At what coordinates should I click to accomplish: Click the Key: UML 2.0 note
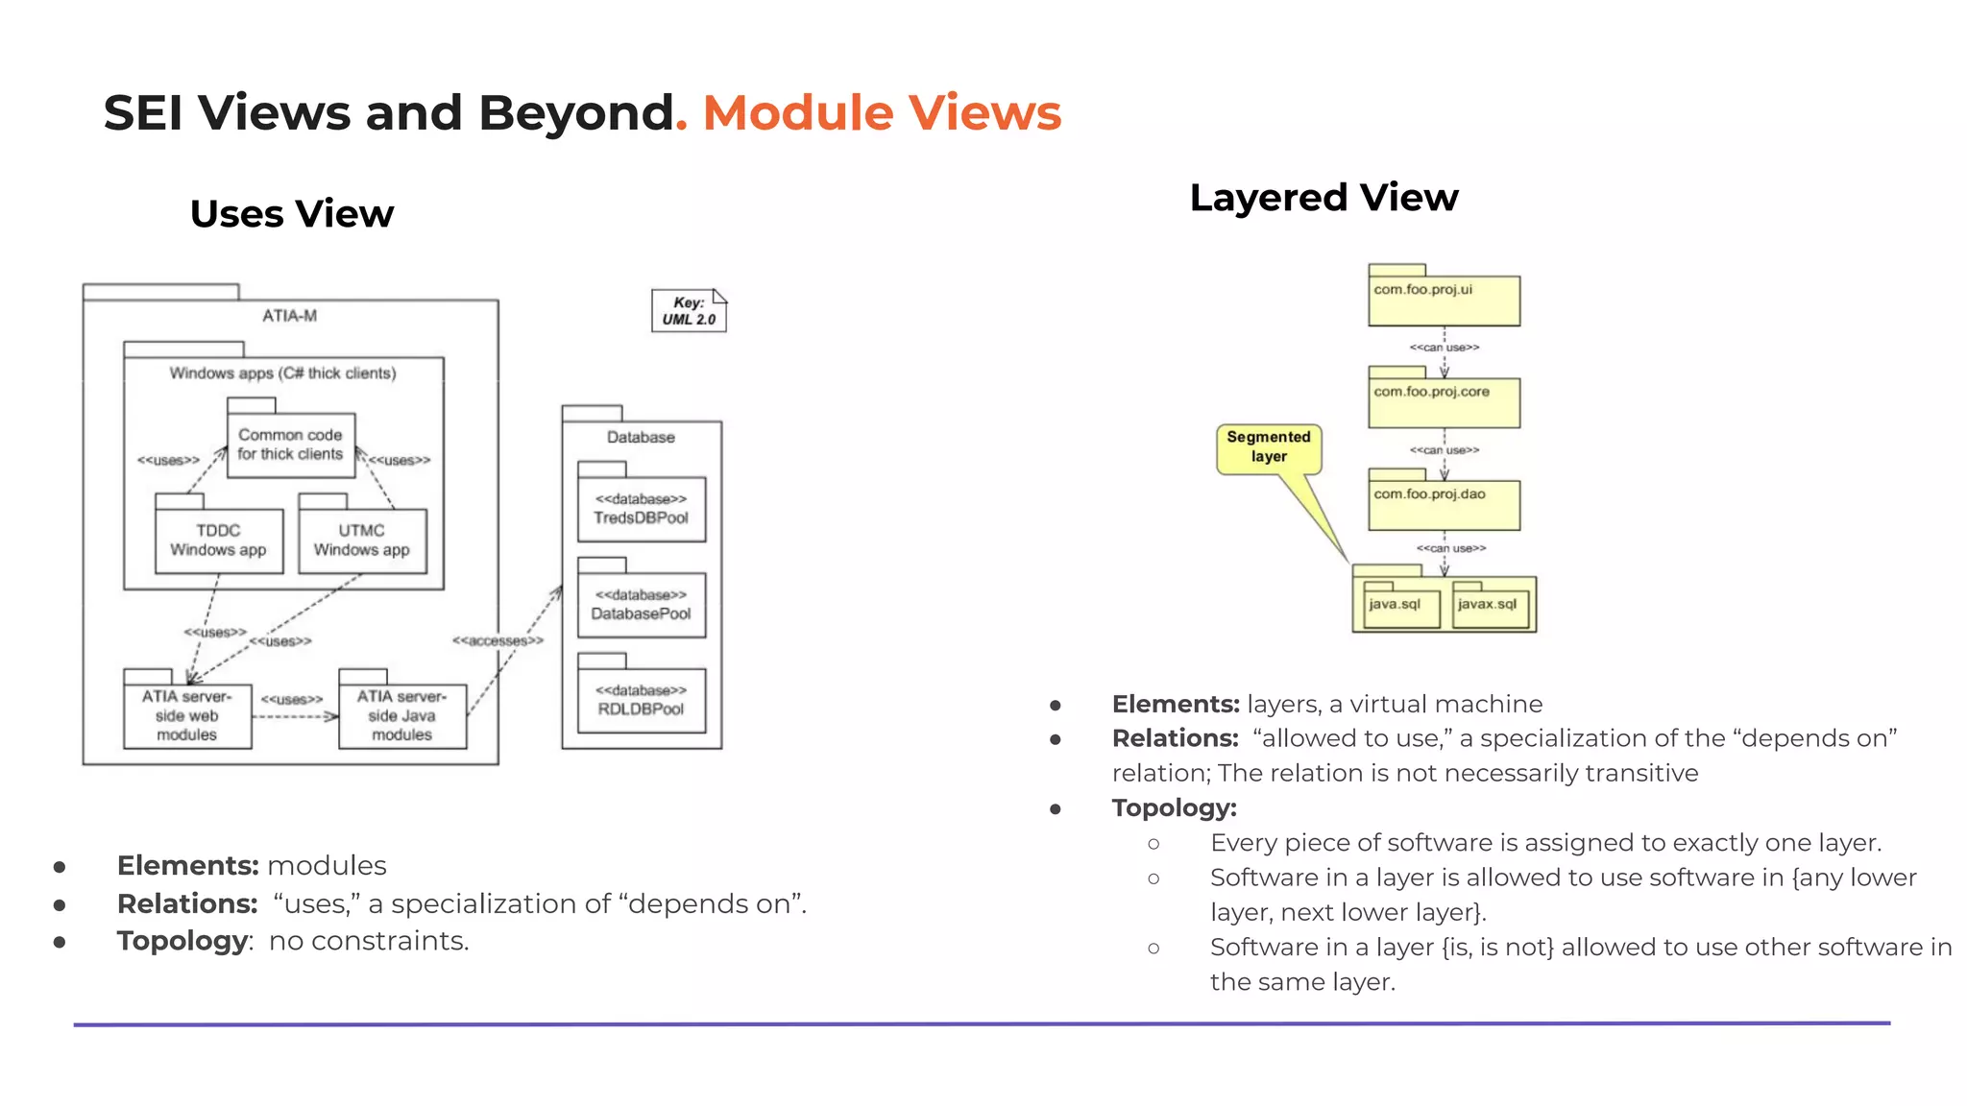(688, 311)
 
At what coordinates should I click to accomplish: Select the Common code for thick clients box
(290, 445)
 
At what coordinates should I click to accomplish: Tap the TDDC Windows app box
(218, 541)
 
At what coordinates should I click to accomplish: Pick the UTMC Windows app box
(361, 541)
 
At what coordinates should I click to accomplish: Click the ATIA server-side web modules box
(187, 715)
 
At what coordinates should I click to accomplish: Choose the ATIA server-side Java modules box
(401, 715)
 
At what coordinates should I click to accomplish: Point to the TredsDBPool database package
(641, 509)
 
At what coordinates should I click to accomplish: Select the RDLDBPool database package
(641, 700)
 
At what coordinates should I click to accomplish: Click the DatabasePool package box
(641, 605)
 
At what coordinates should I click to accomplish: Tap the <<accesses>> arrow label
(498, 640)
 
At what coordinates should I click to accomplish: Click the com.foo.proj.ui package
(1444, 300)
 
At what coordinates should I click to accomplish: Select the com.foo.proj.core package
(1444, 401)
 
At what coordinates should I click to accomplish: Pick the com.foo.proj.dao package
(1444, 504)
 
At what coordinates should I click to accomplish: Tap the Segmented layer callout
(1269, 447)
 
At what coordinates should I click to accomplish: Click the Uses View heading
(292, 213)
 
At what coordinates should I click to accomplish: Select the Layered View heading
(1323, 198)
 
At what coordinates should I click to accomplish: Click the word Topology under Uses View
(182, 941)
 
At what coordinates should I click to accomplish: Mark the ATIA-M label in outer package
(289, 316)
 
